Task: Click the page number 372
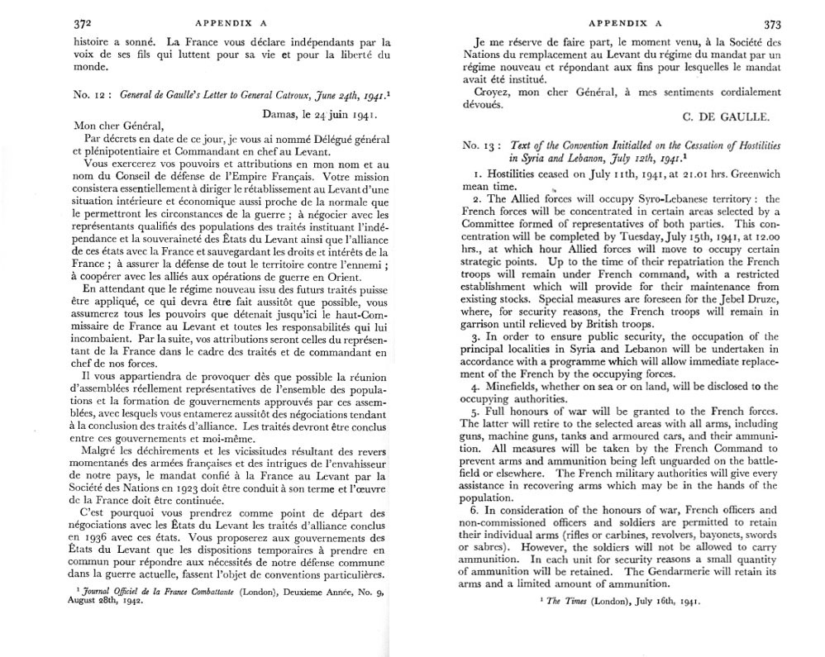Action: (83, 24)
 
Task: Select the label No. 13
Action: (479, 145)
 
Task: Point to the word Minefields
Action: (508, 385)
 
